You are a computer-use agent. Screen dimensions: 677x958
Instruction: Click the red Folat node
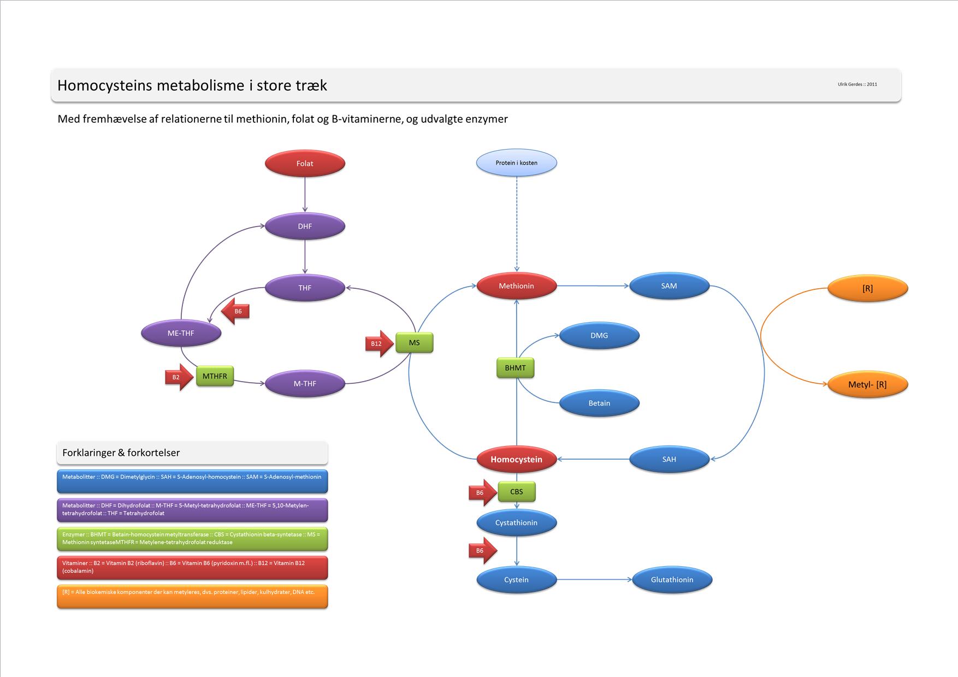pos(305,163)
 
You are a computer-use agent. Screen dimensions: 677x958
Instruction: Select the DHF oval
pos(305,226)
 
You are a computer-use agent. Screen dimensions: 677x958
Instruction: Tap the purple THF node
pos(305,288)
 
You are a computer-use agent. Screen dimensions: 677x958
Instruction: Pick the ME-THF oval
pos(181,333)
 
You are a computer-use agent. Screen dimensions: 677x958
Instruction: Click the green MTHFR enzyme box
pos(215,376)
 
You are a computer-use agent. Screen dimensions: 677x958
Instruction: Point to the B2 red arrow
pos(178,377)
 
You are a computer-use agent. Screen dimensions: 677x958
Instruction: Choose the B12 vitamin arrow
pos(378,343)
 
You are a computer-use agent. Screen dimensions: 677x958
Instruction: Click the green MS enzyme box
pos(414,343)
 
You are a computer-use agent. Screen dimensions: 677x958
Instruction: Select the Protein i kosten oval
pos(516,163)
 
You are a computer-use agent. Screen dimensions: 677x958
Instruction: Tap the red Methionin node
pos(516,286)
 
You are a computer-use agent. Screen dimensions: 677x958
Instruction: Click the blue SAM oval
pos(669,286)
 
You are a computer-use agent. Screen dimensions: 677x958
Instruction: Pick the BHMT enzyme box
pos(515,368)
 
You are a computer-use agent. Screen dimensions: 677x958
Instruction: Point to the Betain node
pos(599,403)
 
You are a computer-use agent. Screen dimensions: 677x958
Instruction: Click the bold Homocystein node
pos(516,459)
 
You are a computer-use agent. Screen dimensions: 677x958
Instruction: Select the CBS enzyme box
pos(516,492)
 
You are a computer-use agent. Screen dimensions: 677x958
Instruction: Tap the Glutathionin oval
pos(672,580)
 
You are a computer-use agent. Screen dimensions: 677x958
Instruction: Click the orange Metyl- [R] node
pos(867,384)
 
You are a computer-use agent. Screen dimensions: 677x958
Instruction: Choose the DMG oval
pos(599,335)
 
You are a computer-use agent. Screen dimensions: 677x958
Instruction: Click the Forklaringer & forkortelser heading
pos(121,453)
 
